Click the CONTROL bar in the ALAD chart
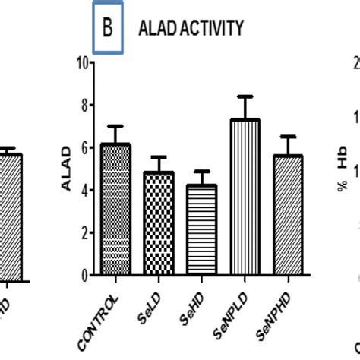pos(115,209)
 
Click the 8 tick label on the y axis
pos(81,105)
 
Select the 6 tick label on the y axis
pos(81,147)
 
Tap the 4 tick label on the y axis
pos(81,190)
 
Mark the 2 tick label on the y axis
pos(81,232)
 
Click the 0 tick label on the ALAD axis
pos(81,275)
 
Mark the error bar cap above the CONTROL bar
pos(115,126)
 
